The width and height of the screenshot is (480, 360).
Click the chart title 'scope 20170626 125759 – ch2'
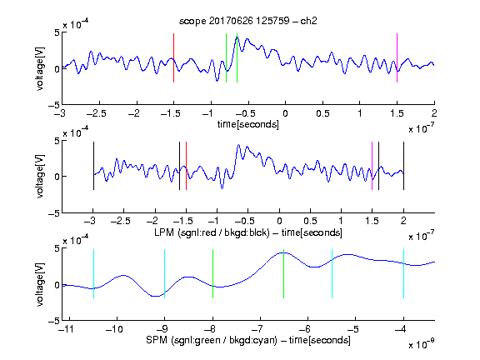pyautogui.click(x=248, y=21)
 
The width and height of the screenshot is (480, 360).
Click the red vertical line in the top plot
pyautogui.click(x=173, y=57)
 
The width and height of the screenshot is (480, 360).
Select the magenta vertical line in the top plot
pyautogui.click(x=397, y=57)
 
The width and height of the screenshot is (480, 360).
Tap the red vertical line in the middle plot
pyautogui.click(x=186, y=166)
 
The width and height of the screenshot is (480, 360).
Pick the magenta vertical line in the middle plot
pyautogui.click(x=372, y=166)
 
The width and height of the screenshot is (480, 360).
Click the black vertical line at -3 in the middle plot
pyautogui.click(x=93, y=166)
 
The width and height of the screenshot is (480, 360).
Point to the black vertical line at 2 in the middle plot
pyautogui.click(x=403, y=166)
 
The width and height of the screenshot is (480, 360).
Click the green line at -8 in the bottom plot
pyautogui.click(x=212, y=273)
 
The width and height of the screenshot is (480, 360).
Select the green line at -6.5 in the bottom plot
pyautogui.click(x=284, y=273)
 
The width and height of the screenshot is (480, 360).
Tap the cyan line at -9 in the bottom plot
pyautogui.click(x=165, y=273)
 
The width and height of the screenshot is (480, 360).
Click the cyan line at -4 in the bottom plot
pyautogui.click(x=403, y=273)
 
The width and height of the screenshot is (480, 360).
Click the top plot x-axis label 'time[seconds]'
pyautogui.click(x=248, y=124)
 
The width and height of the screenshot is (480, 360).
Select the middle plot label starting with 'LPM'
pyautogui.click(x=248, y=232)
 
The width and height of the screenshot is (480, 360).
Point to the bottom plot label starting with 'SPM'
pyautogui.click(x=248, y=340)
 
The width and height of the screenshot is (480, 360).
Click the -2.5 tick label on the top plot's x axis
pyautogui.click(x=97, y=113)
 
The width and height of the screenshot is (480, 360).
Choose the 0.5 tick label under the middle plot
pyautogui.click(x=310, y=221)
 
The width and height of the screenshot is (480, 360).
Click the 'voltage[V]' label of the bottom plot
pyautogui.click(x=39, y=284)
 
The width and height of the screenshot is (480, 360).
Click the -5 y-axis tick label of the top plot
pyautogui.click(x=53, y=105)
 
